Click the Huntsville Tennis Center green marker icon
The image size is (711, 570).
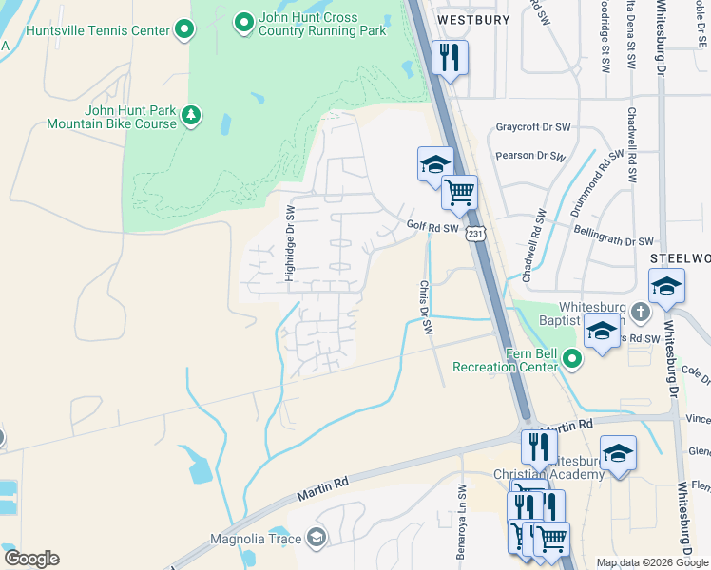pyautogui.click(x=184, y=31)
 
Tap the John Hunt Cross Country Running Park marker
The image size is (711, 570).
pyautogui.click(x=243, y=19)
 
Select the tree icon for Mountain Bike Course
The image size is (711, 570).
pyautogui.click(x=192, y=115)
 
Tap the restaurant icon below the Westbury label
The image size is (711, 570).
pyautogui.click(x=450, y=58)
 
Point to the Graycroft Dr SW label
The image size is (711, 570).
pyautogui.click(x=532, y=127)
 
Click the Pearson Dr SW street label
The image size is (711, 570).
pyautogui.click(x=530, y=157)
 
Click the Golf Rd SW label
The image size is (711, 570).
pyautogui.click(x=432, y=227)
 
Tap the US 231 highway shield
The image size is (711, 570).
pyautogui.click(x=476, y=232)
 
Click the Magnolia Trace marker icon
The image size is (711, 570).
pyautogui.click(x=316, y=539)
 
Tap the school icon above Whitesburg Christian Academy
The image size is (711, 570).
pyautogui.click(x=618, y=453)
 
